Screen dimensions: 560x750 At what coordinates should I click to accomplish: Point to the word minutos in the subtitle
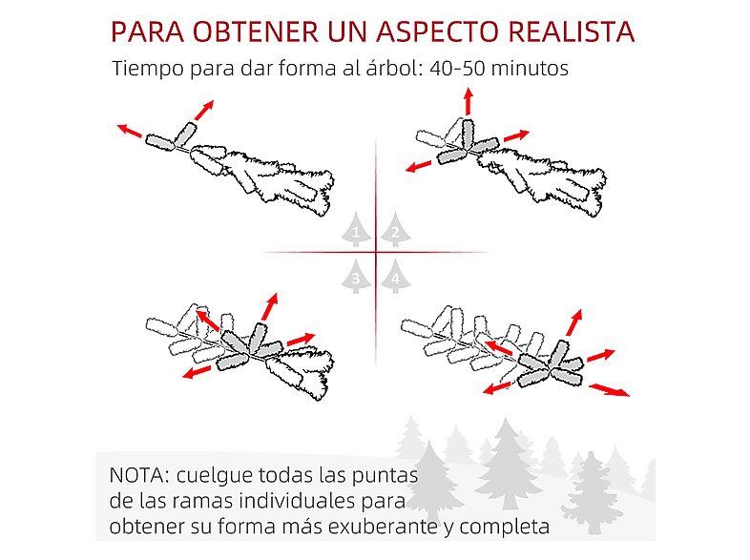point(529,70)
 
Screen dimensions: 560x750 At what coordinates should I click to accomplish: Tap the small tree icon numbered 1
point(357,230)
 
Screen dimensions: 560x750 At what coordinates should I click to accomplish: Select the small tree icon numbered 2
point(394,230)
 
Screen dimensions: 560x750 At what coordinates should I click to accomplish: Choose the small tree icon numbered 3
point(357,276)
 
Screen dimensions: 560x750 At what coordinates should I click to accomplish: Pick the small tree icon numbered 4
point(394,276)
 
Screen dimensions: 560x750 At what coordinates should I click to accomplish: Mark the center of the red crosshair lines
point(376,252)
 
